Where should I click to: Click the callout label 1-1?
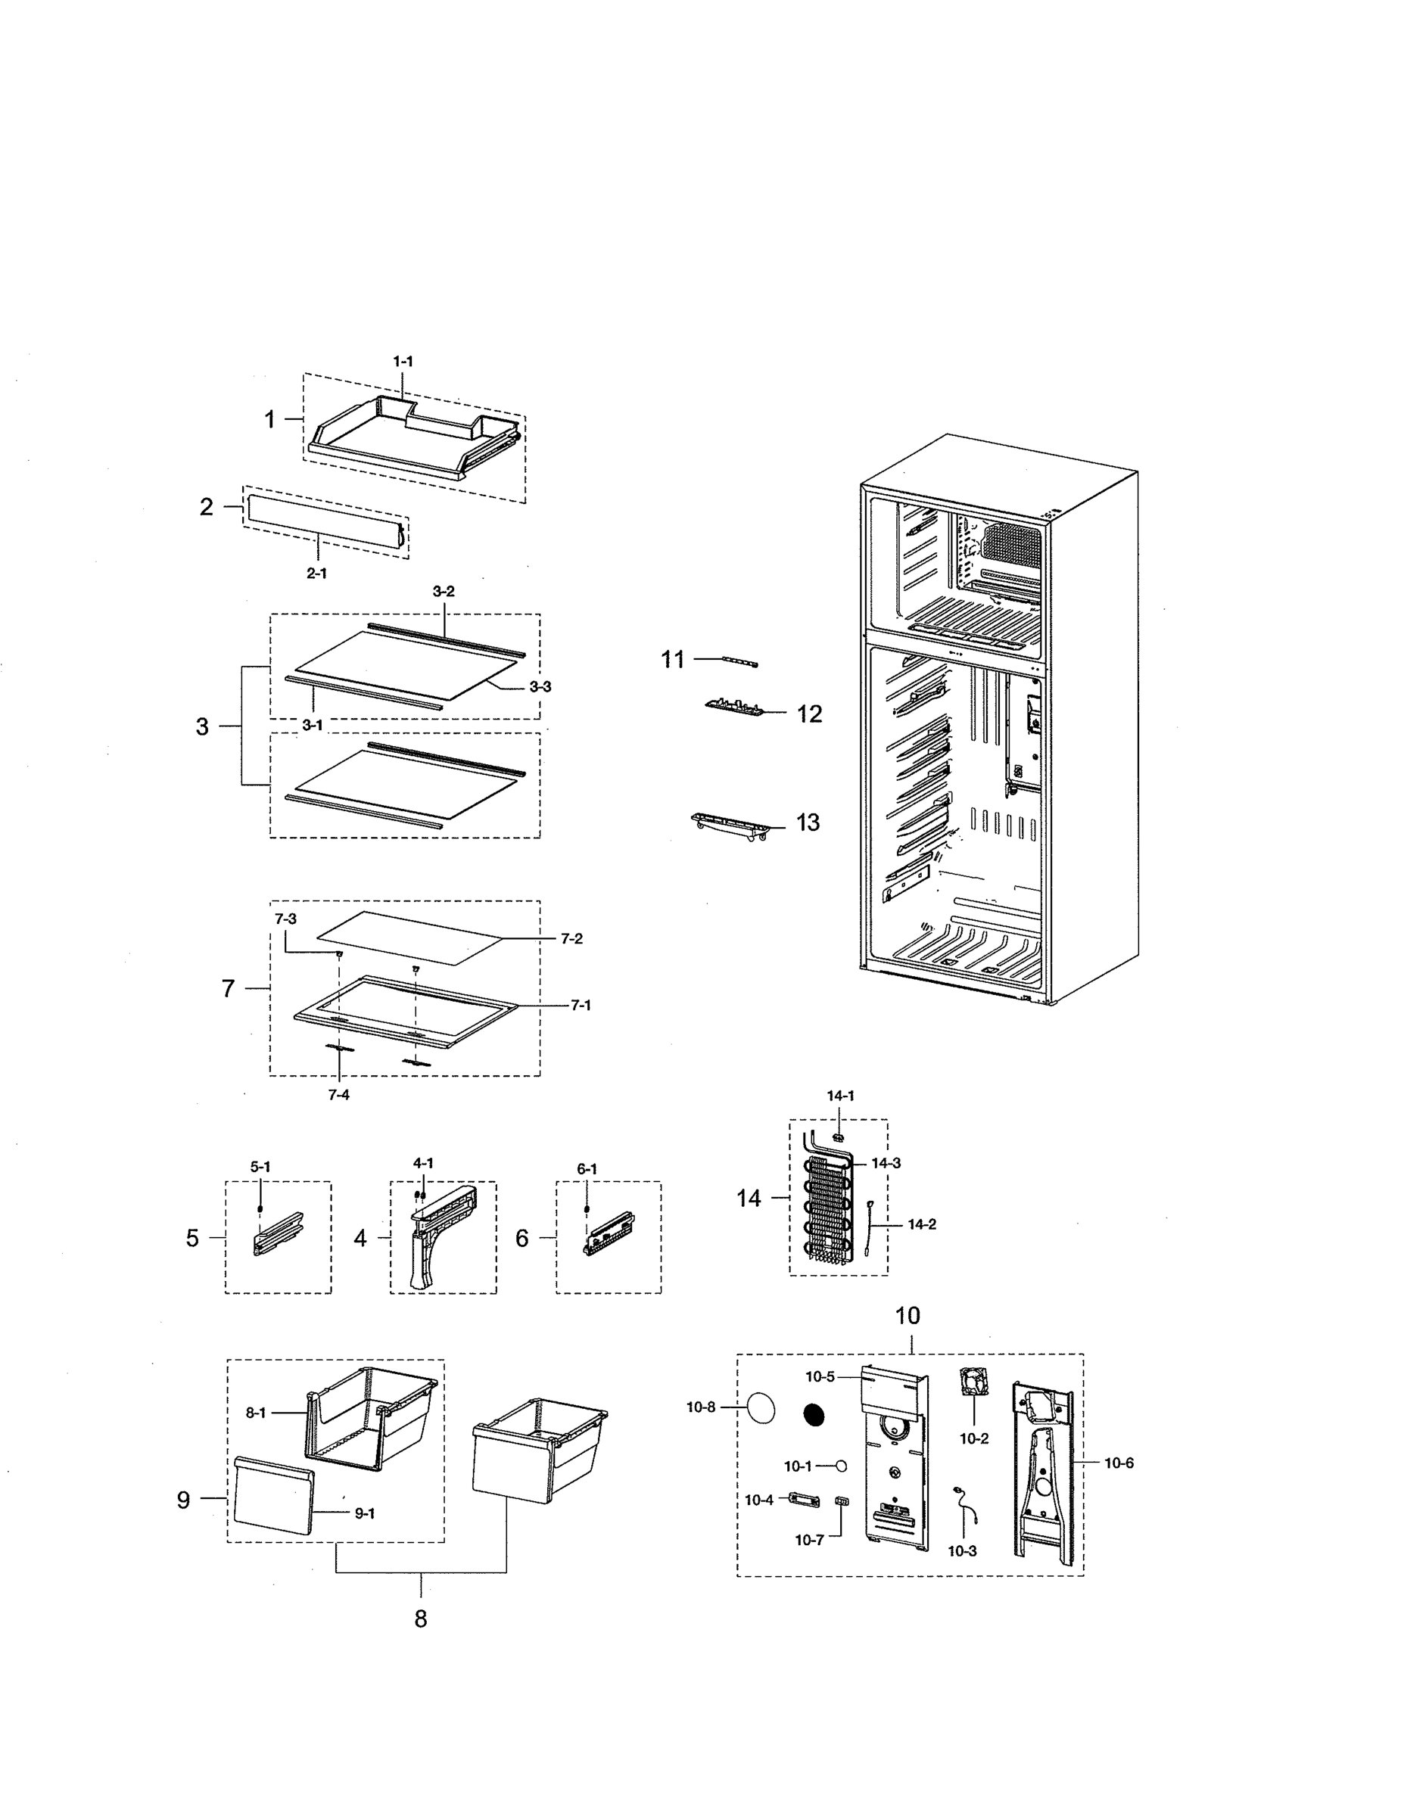pyautogui.click(x=403, y=362)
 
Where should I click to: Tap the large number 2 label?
pyautogui.click(x=207, y=506)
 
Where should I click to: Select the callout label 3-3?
pyautogui.click(x=540, y=687)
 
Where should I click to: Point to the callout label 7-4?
pyautogui.click(x=338, y=1095)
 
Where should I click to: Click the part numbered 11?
pyautogui.click(x=740, y=661)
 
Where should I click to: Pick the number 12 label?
pyautogui.click(x=809, y=714)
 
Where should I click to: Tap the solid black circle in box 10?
pyautogui.click(x=814, y=1415)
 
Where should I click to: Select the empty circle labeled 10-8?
pyautogui.click(x=761, y=1409)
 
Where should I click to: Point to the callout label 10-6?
pyautogui.click(x=1119, y=1463)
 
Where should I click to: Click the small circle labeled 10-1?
pyautogui.click(x=842, y=1466)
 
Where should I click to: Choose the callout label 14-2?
pyautogui.click(x=922, y=1224)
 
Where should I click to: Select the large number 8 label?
pyautogui.click(x=421, y=1619)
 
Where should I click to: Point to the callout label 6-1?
pyautogui.click(x=587, y=1169)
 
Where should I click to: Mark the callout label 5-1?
pyautogui.click(x=260, y=1168)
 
